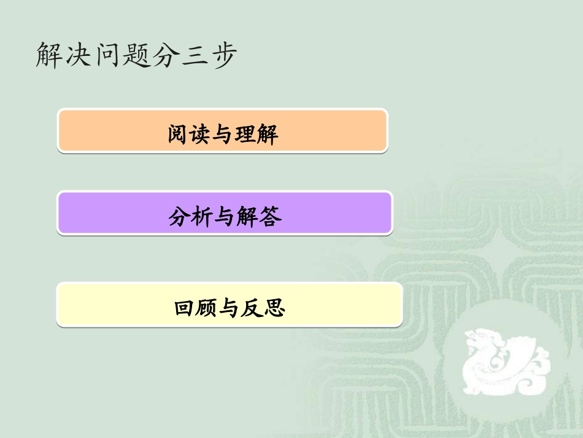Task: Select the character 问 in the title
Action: (107, 55)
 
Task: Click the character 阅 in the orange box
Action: (179, 133)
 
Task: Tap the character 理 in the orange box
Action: (245, 133)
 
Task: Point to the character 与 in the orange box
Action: (223, 133)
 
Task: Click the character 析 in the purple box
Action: (203, 216)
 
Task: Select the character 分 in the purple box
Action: (179, 216)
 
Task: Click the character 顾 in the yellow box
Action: (207, 307)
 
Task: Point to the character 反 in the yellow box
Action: (252, 307)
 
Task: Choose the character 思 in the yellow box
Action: (275, 307)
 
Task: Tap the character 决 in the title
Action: (79, 55)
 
